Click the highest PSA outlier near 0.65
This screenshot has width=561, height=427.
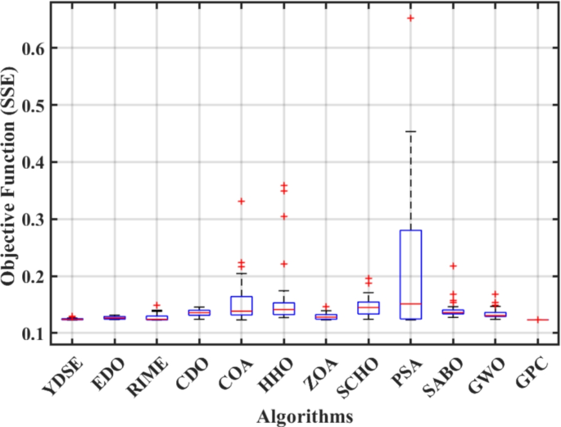coord(411,18)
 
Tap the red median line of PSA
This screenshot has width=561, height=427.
coord(411,303)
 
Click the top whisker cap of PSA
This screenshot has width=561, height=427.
coord(411,131)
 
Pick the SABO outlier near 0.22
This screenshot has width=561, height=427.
coord(453,266)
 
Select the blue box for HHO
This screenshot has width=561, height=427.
coord(284,308)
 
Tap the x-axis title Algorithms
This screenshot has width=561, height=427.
coord(305,416)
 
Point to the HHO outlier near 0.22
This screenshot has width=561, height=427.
coord(284,264)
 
